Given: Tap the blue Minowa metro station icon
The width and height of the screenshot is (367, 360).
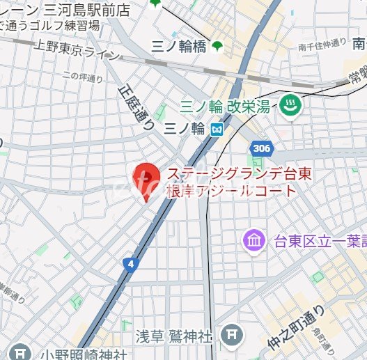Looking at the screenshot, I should pos(218,129).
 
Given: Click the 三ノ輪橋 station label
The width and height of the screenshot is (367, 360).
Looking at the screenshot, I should pos(178,46).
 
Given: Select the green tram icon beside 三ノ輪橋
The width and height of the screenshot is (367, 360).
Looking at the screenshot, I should pos(217,46).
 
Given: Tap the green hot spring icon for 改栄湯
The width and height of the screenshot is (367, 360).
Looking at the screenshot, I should pos(287,107).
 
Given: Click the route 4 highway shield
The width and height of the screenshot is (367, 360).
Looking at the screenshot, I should pos(130,264).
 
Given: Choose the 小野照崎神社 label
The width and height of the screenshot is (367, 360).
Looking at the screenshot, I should pos(84,353).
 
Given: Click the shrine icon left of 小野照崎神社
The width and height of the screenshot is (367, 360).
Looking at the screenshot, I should pos(22,353).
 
